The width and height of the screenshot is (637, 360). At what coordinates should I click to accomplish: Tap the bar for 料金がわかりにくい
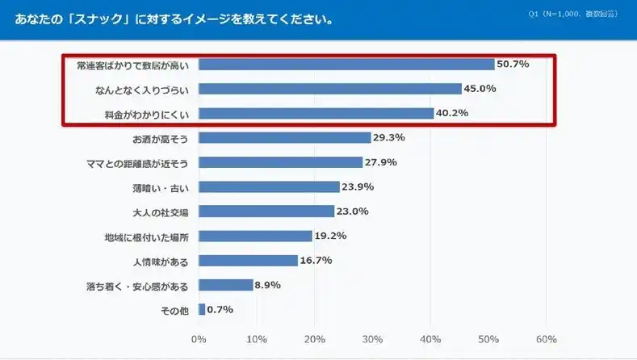click(x=316, y=113)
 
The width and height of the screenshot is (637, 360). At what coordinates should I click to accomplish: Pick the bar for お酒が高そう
click(x=284, y=138)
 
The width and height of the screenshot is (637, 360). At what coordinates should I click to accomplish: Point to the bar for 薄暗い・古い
click(x=269, y=186)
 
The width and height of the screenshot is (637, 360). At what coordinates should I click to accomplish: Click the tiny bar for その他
click(x=202, y=309)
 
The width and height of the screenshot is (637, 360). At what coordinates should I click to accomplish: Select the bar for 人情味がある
click(x=248, y=260)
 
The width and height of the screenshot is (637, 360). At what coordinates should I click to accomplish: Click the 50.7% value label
click(x=513, y=64)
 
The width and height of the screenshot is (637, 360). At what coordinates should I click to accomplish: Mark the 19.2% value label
click(x=331, y=236)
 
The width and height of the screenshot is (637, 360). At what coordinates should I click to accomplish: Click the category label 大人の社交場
click(x=160, y=211)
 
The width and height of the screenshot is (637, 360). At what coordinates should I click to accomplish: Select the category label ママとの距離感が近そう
click(x=136, y=162)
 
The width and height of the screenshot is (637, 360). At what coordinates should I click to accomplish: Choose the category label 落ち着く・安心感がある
click(x=136, y=285)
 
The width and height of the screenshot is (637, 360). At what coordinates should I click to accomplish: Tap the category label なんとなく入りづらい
click(x=142, y=89)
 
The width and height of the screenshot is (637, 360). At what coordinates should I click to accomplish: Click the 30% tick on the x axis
click(x=372, y=339)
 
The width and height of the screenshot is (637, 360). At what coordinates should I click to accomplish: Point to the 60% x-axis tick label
click(x=546, y=339)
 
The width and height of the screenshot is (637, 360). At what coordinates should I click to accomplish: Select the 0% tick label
click(x=199, y=339)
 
